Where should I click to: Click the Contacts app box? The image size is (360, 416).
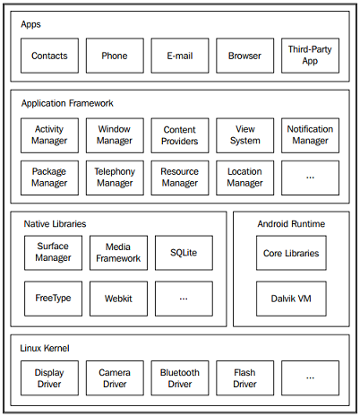[x=49, y=56]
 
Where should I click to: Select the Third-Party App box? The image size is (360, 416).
[x=310, y=56]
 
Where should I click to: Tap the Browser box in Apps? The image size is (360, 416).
[x=245, y=56]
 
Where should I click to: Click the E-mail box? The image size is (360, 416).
[x=180, y=56]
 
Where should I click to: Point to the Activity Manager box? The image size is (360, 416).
[x=49, y=135]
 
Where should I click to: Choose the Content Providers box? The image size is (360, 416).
[x=180, y=135]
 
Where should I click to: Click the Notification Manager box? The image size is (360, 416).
[x=310, y=135]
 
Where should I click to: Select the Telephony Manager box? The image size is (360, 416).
[x=115, y=178]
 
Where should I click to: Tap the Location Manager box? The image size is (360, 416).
[x=245, y=178]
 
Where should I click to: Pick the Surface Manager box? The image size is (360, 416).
[x=53, y=253]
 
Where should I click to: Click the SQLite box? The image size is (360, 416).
[x=184, y=253]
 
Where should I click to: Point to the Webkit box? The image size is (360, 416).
[x=118, y=299]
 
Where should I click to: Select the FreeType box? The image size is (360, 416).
[x=53, y=299]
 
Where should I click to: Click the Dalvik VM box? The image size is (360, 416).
[x=291, y=299]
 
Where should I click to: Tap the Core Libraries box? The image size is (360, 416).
[x=291, y=253]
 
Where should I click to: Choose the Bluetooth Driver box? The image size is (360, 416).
[x=180, y=378]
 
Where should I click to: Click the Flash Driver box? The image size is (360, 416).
[x=245, y=378]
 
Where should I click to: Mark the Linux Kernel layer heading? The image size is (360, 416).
[x=45, y=348]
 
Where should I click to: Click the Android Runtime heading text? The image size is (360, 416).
[x=291, y=224]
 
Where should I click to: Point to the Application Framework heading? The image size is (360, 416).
[x=67, y=103]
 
